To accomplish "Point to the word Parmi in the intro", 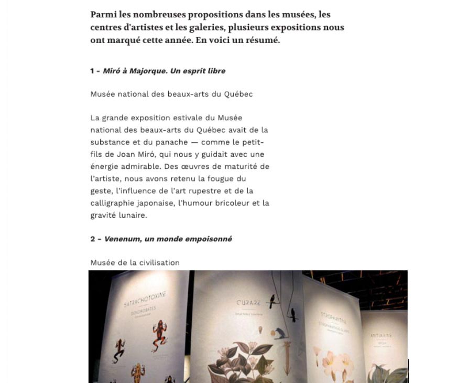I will coord(102,14).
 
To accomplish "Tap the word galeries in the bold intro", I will coord(271,14).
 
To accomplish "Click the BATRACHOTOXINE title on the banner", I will coord(145,300).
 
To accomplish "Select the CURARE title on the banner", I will coord(244,303).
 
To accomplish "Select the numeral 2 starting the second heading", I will coord(92,239).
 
